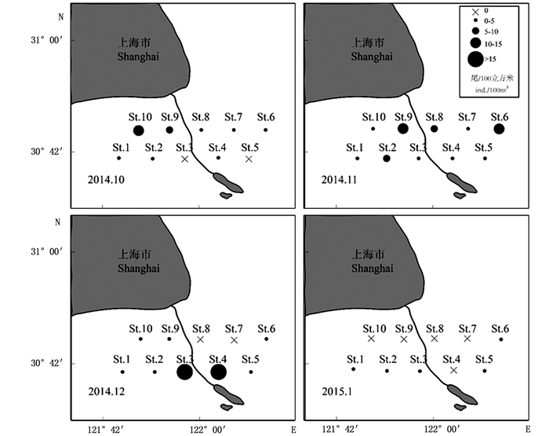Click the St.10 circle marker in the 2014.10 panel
pyautogui.click(x=139, y=130)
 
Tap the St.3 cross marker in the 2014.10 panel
pyautogui.click(x=185, y=159)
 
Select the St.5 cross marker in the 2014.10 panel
pyautogui.click(x=249, y=159)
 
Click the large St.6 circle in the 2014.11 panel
pyautogui.click(x=499, y=129)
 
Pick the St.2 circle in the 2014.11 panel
pyautogui.click(x=387, y=159)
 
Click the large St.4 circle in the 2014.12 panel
pyautogui.click(x=218, y=372)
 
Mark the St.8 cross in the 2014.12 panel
pyautogui.click(x=200, y=339)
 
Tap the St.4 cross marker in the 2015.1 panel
pyautogui.click(x=453, y=370)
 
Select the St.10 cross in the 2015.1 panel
pyautogui.click(x=371, y=339)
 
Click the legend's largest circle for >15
pyautogui.click(x=476, y=58)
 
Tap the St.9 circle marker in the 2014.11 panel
pyautogui.click(x=403, y=129)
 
